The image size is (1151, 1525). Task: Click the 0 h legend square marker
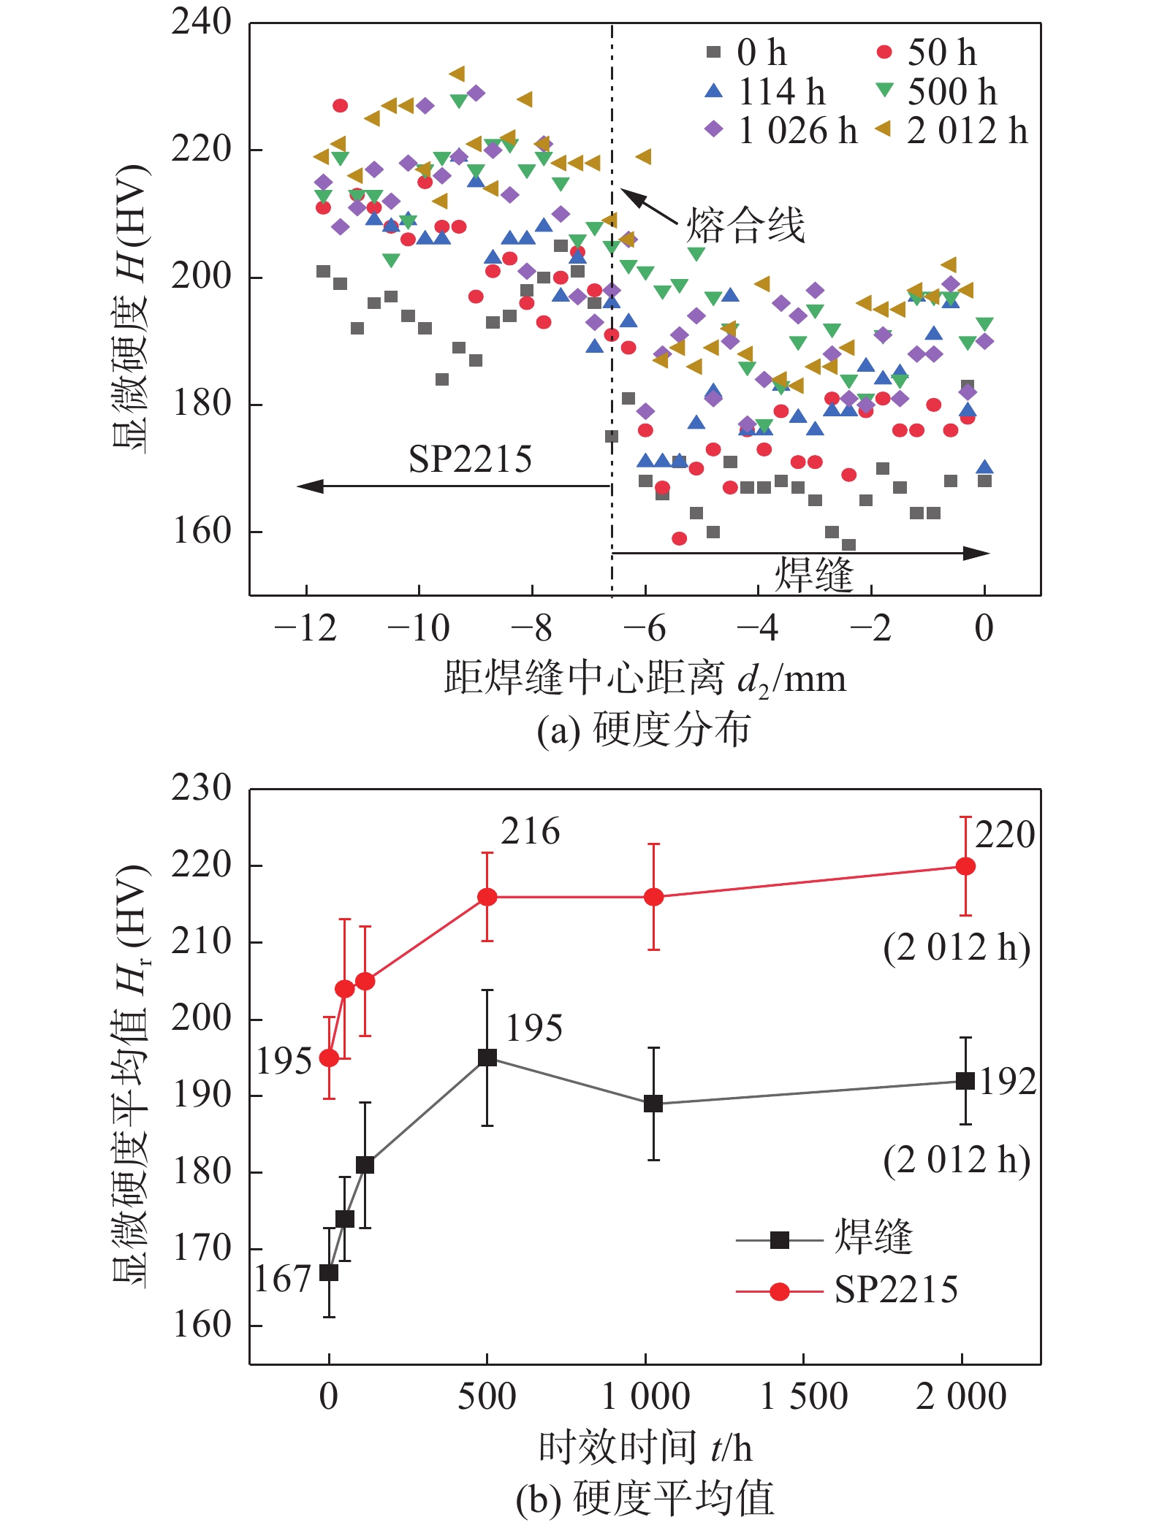coord(713,52)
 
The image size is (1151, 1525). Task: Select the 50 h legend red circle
coord(884,52)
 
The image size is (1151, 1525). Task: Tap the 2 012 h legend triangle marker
coord(884,130)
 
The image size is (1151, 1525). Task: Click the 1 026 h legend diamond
coord(713,130)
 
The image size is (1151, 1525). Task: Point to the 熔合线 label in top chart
coord(745,224)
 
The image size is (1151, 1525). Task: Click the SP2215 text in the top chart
coord(470,459)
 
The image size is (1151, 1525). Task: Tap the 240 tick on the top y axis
coord(201,22)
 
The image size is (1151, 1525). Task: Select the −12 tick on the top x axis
coord(305,628)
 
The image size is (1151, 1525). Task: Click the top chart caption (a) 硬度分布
coord(643,730)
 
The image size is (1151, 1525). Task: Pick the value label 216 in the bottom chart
coord(530,832)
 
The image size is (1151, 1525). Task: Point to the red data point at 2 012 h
coord(965,866)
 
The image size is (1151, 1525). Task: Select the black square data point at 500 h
coord(487,1058)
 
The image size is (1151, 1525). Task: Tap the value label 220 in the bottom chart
coord(1005,835)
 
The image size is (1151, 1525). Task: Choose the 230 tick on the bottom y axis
coord(201,788)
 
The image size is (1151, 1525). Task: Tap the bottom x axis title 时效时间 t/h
coord(645,1447)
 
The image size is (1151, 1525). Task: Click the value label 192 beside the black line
coord(1008,1082)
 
